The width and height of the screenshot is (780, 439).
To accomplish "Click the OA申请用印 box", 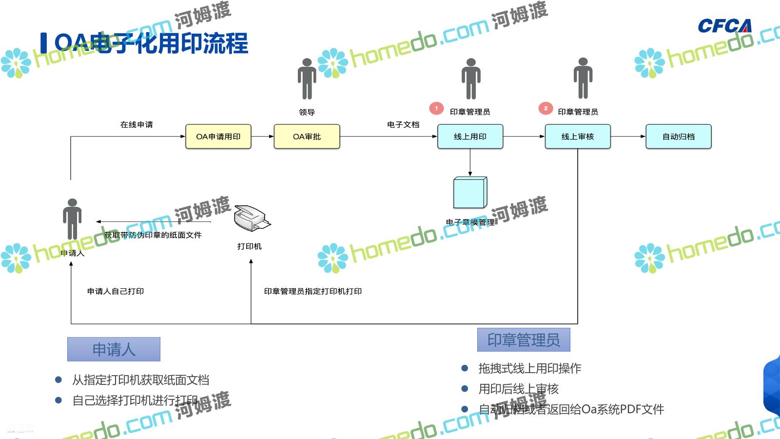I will click(218, 137).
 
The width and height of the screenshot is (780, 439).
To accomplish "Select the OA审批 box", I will click(307, 137).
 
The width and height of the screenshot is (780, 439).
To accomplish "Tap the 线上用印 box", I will click(470, 137).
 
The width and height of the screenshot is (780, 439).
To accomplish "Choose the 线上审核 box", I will click(578, 137).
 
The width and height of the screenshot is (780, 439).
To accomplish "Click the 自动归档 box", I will click(679, 137).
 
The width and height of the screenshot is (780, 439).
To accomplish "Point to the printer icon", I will click(251, 218).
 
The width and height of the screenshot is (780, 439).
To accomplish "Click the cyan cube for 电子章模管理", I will click(470, 193).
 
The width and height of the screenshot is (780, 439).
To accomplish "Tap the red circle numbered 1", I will click(436, 108).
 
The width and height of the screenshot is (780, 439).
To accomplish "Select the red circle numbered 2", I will click(546, 108).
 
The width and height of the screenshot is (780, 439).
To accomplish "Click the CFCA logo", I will click(724, 26).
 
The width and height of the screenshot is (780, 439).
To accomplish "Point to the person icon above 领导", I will click(307, 79).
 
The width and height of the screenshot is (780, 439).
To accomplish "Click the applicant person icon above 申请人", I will click(72, 219).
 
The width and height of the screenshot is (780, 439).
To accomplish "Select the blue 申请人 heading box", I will click(114, 349).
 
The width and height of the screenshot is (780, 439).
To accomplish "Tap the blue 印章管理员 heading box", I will click(524, 339).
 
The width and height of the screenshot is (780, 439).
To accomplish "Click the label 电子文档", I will click(403, 125).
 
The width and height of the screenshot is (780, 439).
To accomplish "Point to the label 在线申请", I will click(136, 125).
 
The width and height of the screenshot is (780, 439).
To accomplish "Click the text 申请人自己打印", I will click(116, 291).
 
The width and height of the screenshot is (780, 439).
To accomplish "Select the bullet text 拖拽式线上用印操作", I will click(529, 368).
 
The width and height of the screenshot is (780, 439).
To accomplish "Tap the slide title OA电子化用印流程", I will click(151, 43).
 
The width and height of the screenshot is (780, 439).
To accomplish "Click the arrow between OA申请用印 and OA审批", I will click(262, 137).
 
